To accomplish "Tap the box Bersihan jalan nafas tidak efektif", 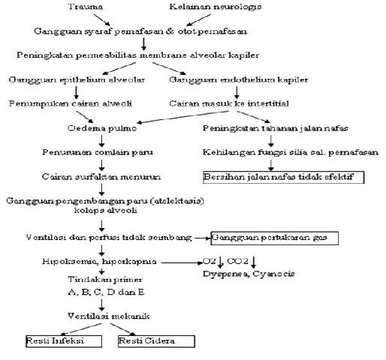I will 283,178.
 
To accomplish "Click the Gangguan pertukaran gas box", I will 275,238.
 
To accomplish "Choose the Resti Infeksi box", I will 53,341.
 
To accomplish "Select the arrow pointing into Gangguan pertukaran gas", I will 203,238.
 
